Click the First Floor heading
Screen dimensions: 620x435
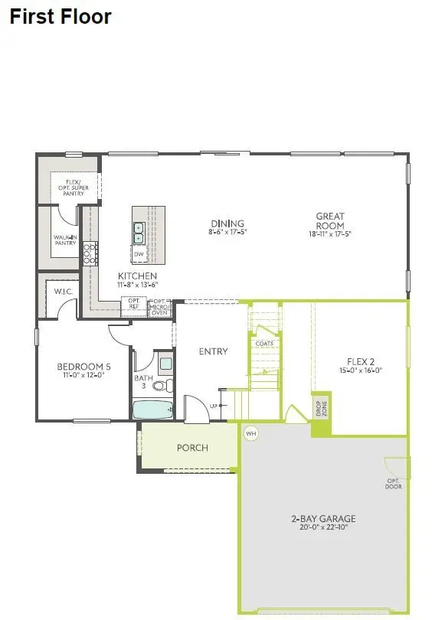click(60, 16)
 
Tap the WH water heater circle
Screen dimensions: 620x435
click(250, 433)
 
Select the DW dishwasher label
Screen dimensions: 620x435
click(139, 254)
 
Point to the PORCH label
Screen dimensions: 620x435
click(192, 447)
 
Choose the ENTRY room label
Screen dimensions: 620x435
click(213, 351)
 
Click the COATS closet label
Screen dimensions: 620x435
click(263, 344)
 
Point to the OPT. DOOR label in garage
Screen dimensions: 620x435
click(393, 484)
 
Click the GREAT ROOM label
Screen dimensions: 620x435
click(330, 221)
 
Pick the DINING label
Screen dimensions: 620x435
click(227, 227)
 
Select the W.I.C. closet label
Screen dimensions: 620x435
click(62, 292)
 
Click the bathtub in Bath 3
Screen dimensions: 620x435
click(153, 410)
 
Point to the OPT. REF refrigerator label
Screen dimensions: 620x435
click(133, 303)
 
